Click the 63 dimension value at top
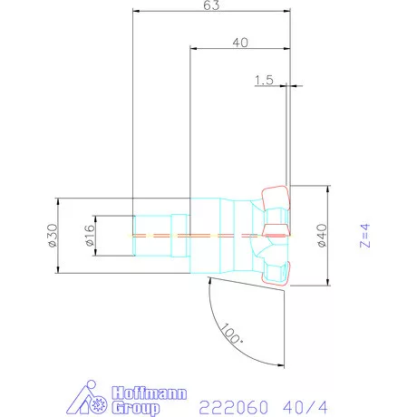[210, 5]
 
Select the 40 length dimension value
[240, 43]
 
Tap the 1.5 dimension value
[264, 80]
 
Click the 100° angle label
[232, 335]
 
